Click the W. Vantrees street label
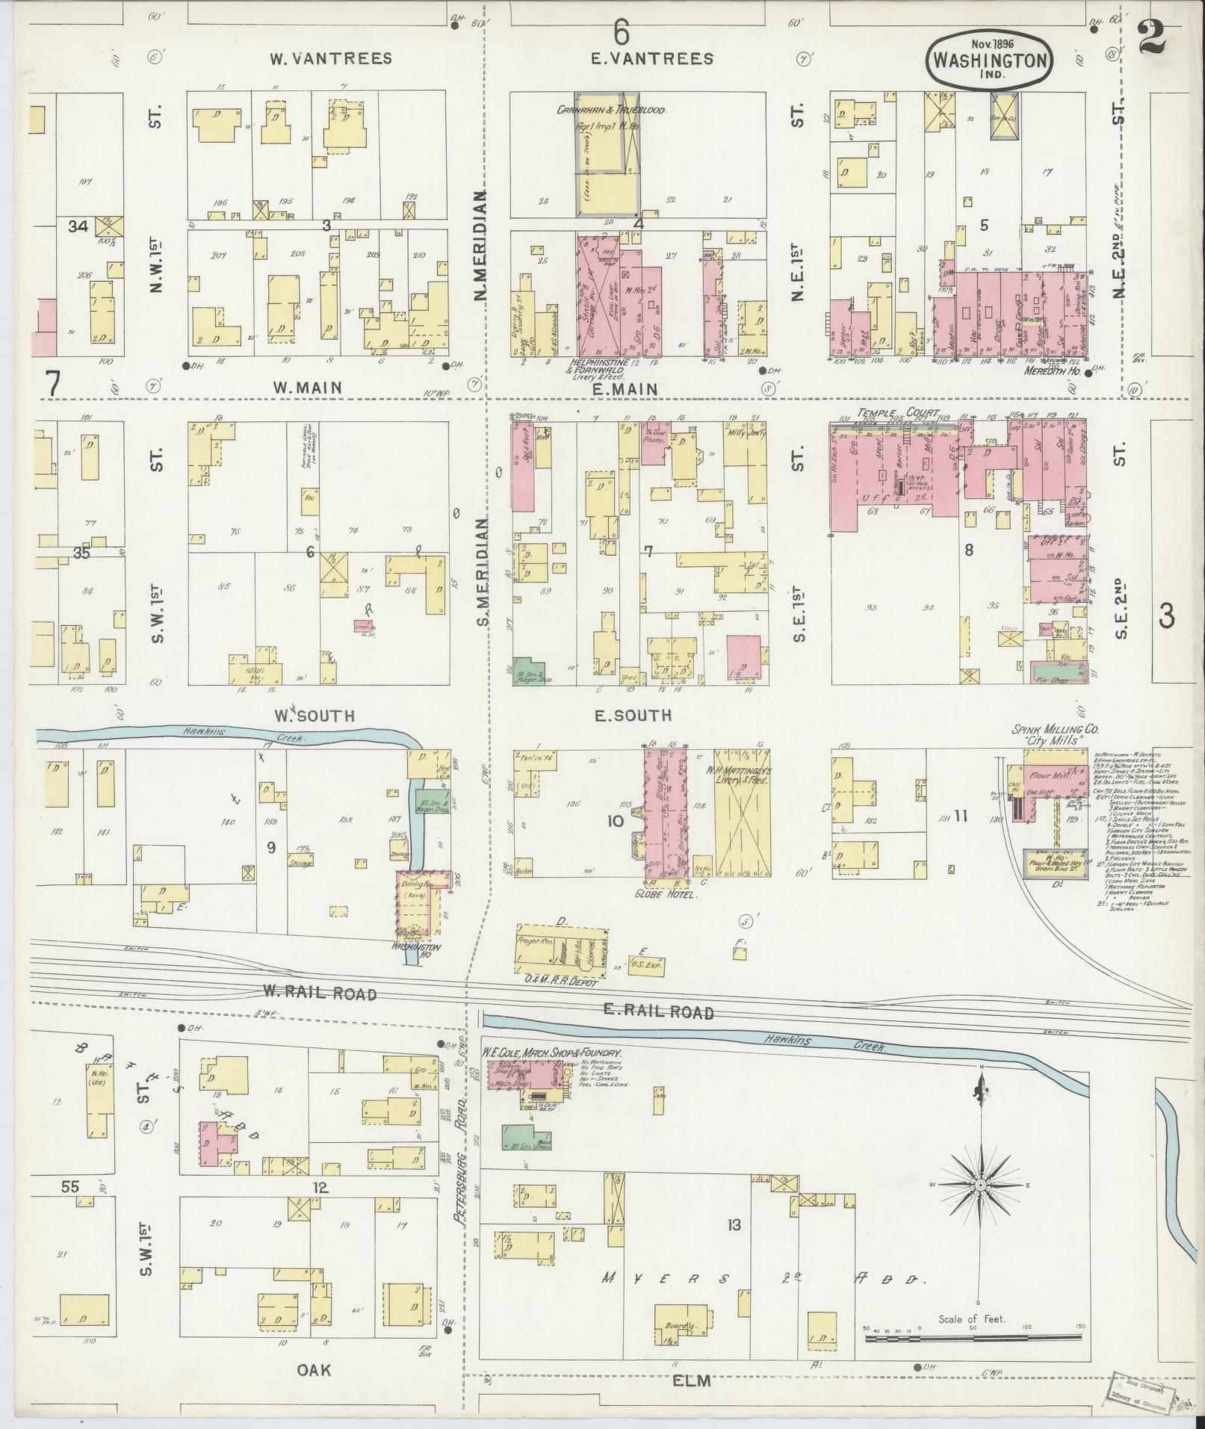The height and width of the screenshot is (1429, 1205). coord(330,59)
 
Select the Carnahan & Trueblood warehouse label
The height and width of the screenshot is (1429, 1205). coord(610,110)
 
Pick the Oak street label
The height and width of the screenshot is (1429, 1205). coord(314,1369)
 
